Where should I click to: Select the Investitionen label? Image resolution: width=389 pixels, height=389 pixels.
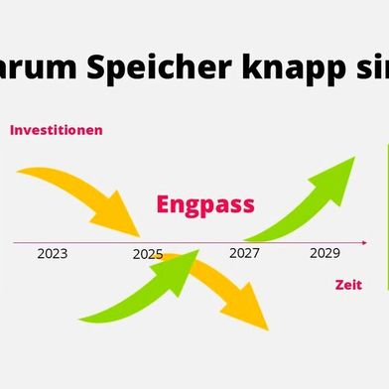[57, 130]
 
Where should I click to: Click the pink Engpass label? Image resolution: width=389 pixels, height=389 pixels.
[205, 204]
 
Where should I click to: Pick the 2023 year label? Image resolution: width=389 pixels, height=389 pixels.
[52, 254]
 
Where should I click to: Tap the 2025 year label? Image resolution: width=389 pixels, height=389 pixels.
[147, 254]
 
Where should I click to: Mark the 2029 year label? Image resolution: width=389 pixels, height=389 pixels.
[324, 253]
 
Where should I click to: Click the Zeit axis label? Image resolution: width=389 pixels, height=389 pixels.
[347, 285]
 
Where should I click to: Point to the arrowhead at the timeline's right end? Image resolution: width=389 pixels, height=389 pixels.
[364, 241]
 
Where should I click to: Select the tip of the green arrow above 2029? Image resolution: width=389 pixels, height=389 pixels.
[347, 164]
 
